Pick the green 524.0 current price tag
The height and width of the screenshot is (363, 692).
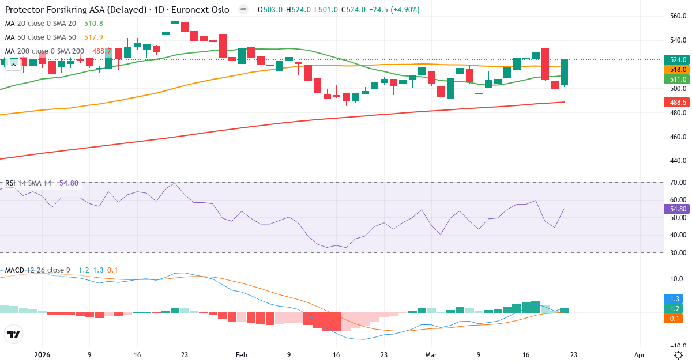(x=676, y=60)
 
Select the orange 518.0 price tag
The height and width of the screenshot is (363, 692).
(x=676, y=69)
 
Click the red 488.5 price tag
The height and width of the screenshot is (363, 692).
(x=676, y=103)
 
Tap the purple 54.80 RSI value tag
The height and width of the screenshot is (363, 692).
(x=676, y=209)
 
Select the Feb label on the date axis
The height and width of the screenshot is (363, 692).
(x=242, y=356)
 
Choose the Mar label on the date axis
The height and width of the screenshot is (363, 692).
(x=431, y=356)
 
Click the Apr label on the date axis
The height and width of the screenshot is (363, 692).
(x=639, y=356)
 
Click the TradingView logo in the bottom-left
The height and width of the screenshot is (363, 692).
(x=13, y=334)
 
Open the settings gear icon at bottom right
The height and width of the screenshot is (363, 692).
(x=679, y=355)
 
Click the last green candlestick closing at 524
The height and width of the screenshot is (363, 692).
(x=565, y=73)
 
